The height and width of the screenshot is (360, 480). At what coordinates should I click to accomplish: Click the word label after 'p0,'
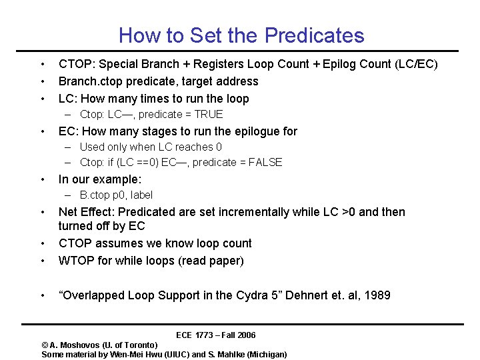pos(140,195)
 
